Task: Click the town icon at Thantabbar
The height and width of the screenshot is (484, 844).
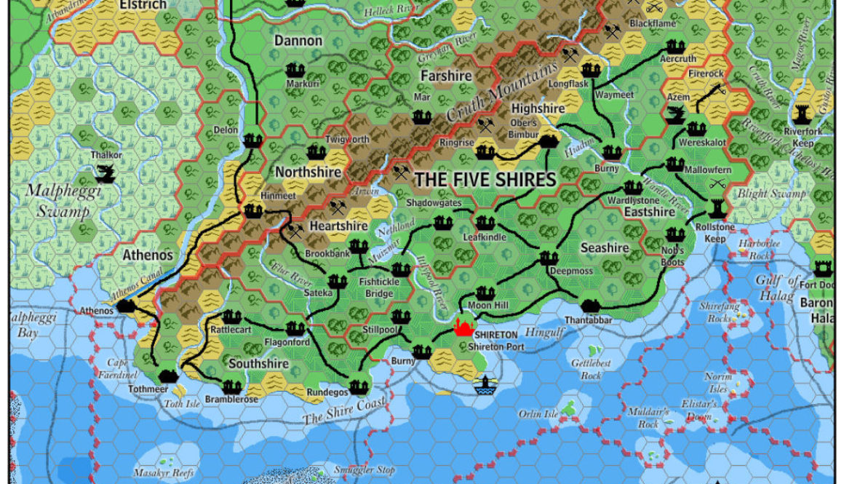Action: point(590,306)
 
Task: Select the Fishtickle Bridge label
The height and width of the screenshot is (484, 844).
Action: point(379,288)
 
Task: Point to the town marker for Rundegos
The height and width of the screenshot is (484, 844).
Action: point(357,386)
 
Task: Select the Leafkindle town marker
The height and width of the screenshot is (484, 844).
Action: point(485,223)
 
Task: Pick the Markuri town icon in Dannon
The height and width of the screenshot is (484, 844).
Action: point(295,70)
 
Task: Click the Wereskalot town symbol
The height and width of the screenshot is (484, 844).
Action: point(696,130)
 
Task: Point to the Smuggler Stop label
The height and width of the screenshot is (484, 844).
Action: point(364,470)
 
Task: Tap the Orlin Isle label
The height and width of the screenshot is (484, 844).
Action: point(538,414)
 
